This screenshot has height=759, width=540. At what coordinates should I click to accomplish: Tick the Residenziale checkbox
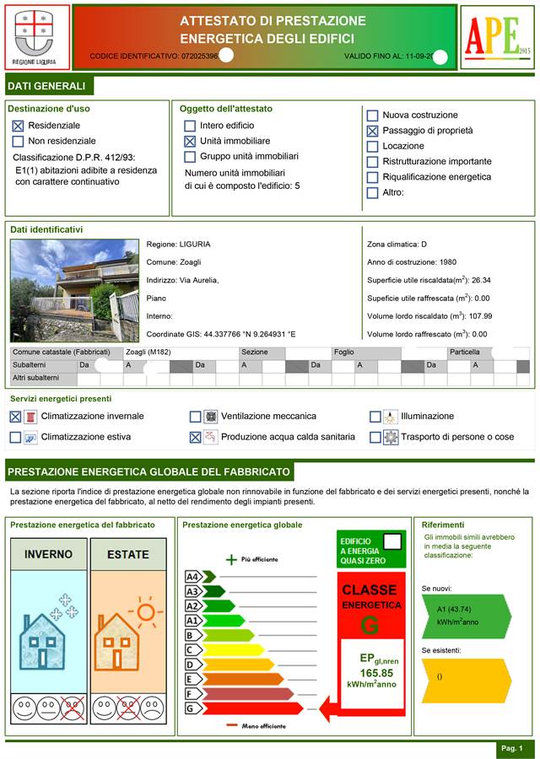tap(18, 125)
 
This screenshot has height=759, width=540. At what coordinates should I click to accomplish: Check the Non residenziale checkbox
tap(18, 141)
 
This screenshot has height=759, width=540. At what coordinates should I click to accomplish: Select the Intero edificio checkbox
tap(190, 126)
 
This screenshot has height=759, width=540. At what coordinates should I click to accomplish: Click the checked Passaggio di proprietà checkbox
tap(372, 131)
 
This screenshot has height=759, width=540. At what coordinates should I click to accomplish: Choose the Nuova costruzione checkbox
tap(372, 115)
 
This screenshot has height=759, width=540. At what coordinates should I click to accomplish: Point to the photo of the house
tap(74, 289)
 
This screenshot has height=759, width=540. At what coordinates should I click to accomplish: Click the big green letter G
tap(370, 626)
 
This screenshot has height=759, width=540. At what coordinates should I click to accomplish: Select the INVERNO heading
tap(48, 554)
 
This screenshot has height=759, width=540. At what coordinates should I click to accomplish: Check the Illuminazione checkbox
tap(375, 416)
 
